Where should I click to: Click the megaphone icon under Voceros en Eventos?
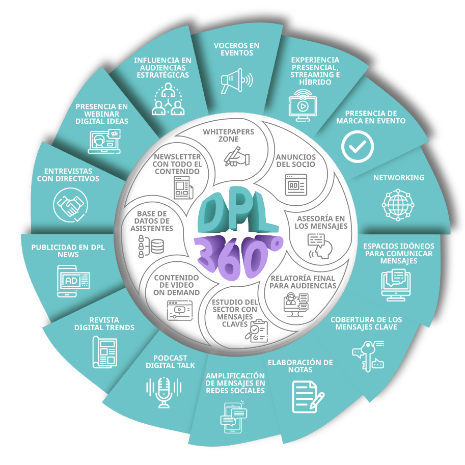pos(236,81)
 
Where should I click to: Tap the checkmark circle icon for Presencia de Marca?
pos(357,146)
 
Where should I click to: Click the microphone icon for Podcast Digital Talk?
pos(163,391)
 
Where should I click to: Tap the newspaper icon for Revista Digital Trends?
pos(104,351)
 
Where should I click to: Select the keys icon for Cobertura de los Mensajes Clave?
pos(366,355)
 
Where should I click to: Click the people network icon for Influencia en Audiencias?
pos(167,99)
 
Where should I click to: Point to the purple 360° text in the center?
pos(238,254)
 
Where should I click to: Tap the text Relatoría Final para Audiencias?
pos(302,281)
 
